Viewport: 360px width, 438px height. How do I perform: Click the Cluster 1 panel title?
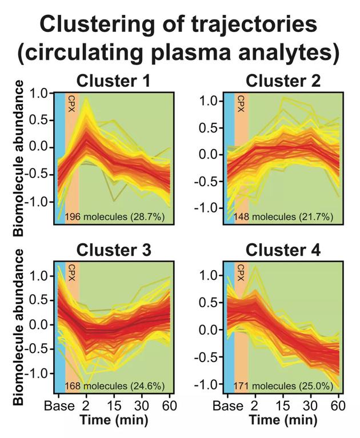114,81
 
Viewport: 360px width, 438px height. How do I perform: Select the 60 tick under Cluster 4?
339,406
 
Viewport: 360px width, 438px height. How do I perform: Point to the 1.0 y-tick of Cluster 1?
41,93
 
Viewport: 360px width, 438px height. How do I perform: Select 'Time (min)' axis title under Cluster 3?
114,421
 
